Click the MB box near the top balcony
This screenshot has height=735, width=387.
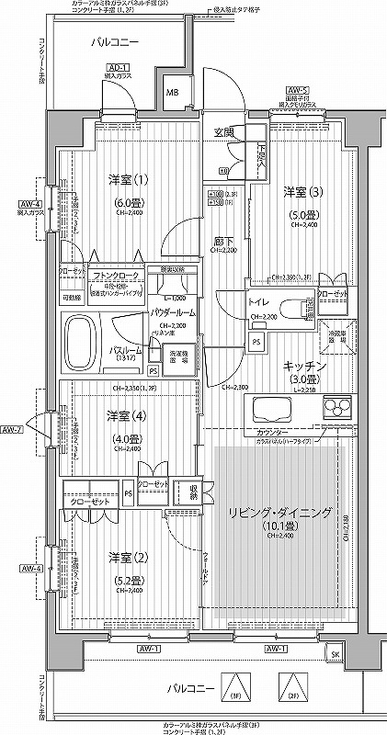click(172, 93)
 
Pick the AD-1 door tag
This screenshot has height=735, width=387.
click(116, 67)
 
